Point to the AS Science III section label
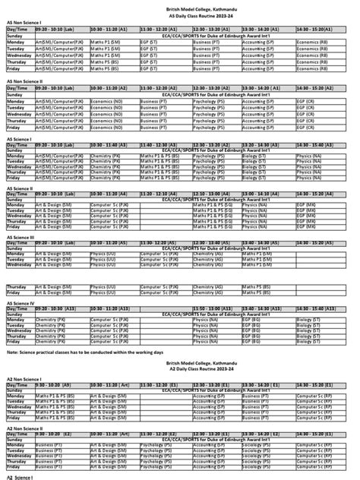(22, 237)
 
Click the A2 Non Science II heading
(25, 428)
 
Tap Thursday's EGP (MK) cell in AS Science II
(311, 220)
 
